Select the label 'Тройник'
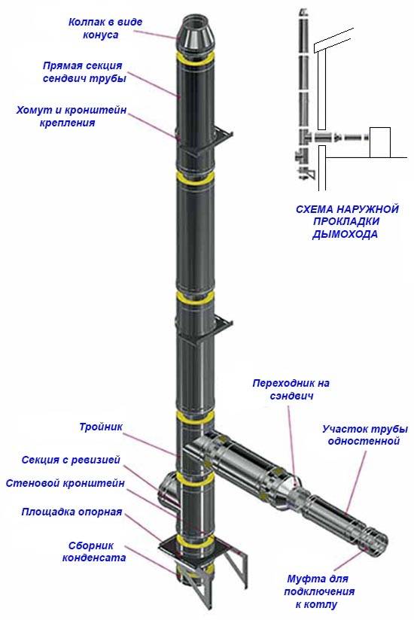(x=100, y=427)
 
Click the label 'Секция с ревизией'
(x=81, y=460)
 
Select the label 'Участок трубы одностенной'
(x=360, y=435)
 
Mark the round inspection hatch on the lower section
(x=167, y=489)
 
